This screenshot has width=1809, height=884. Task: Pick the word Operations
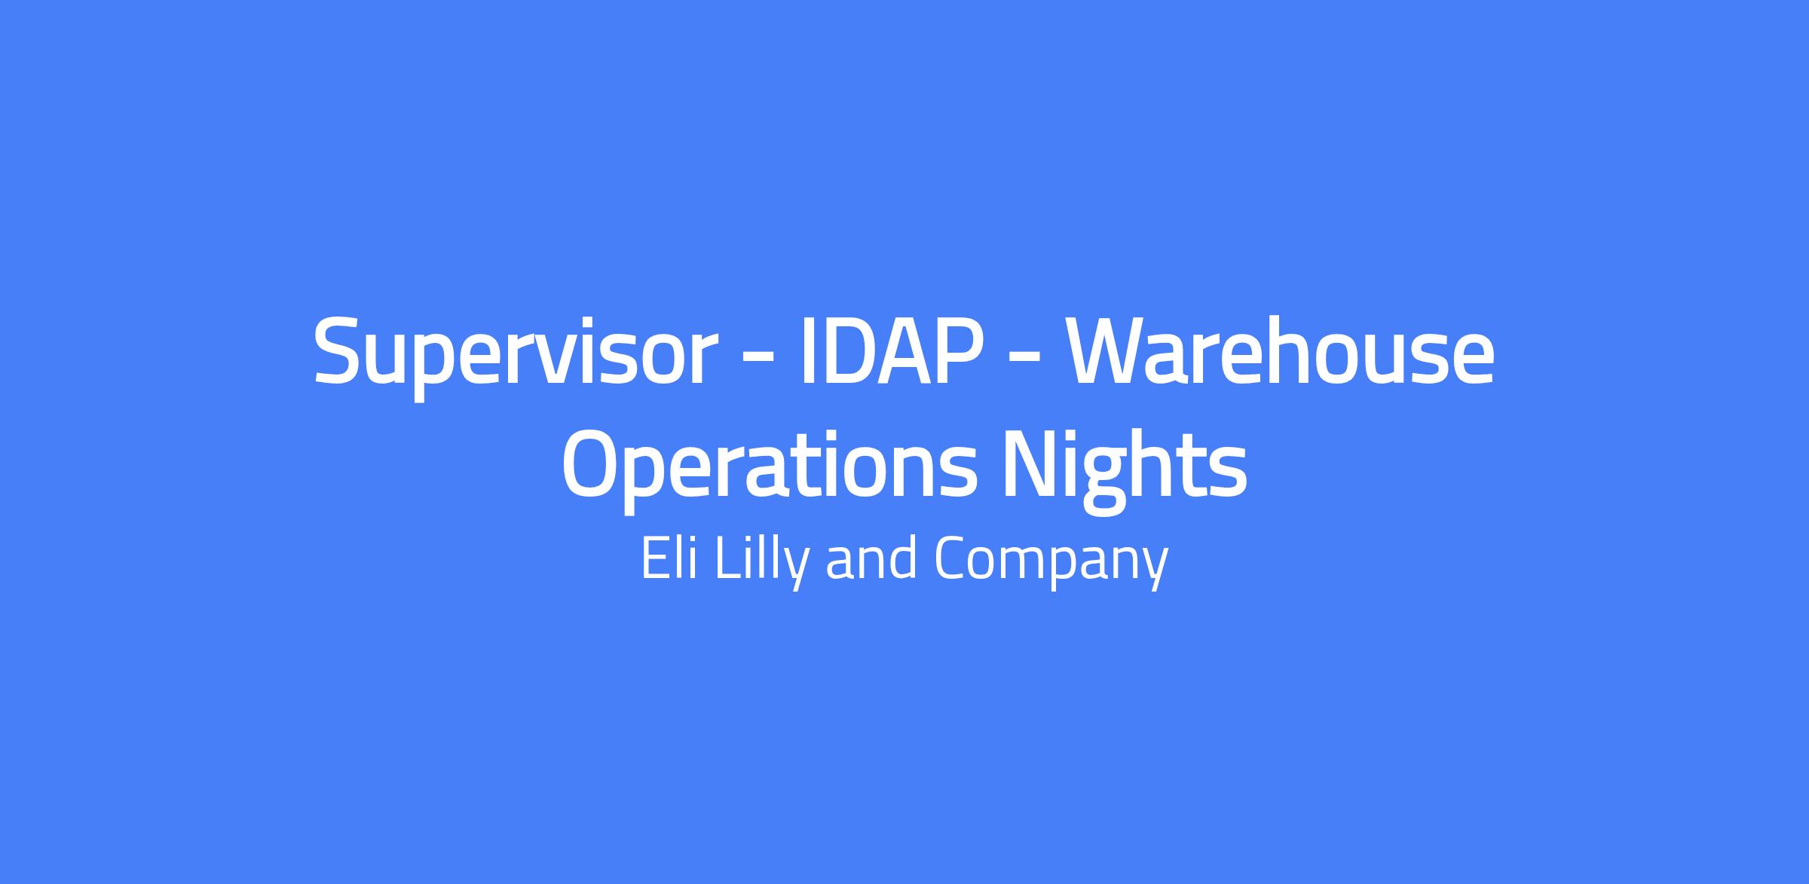coord(770,467)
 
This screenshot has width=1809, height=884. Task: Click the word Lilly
coord(762,561)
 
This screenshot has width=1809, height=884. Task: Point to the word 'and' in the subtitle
coord(871,558)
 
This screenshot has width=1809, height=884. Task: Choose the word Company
coord(1051,561)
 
